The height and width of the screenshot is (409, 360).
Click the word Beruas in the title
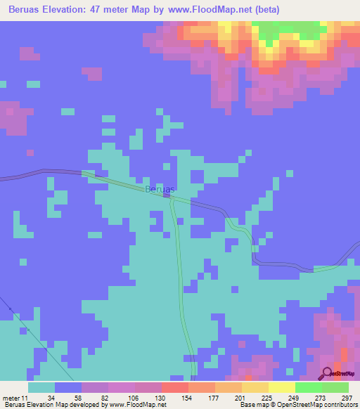(x=25, y=10)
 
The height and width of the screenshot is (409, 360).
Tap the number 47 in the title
(x=109, y=10)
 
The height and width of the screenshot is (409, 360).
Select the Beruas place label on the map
(x=160, y=190)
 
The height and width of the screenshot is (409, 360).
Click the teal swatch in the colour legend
(x=41, y=388)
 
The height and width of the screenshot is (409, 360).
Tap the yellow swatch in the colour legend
(x=282, y=388)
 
